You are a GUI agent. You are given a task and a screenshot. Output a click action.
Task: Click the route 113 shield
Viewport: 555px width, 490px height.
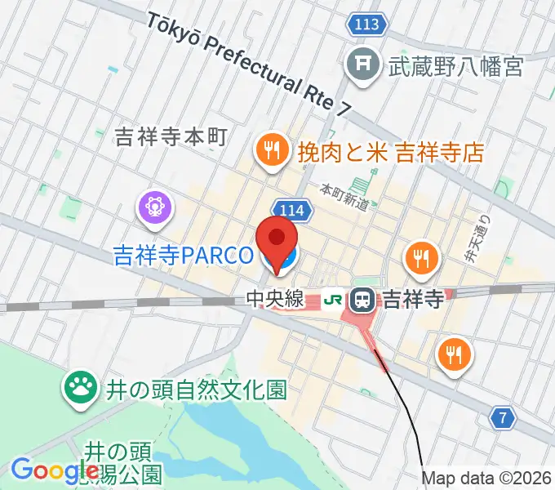(367, 25)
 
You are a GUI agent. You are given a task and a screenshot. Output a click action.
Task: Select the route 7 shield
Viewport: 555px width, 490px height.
(503, 418)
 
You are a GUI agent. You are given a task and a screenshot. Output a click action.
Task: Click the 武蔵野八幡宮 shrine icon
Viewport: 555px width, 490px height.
(360, 65)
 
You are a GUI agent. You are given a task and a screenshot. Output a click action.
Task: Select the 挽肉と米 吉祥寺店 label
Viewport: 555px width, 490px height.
(391, 151)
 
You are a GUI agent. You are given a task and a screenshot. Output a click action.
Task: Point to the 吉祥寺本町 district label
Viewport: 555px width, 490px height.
(170, 136)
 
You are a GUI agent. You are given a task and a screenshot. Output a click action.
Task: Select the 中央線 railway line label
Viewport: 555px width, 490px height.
(274, 301)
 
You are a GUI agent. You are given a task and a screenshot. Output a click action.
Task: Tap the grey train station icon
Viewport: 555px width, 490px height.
(362, 300)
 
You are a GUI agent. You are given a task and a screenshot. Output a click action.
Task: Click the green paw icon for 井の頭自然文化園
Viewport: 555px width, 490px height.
(80, 388)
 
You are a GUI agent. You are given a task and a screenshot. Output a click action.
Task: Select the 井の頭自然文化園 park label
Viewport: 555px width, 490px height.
(196, 390)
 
